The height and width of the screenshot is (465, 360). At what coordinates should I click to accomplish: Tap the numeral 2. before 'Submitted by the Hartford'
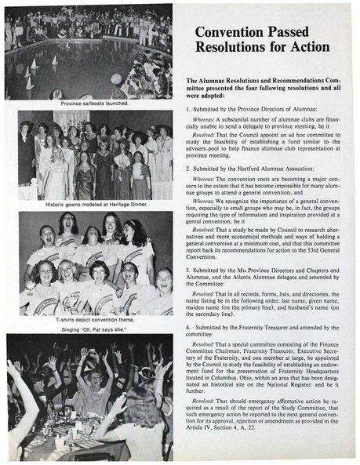pos(187,168)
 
